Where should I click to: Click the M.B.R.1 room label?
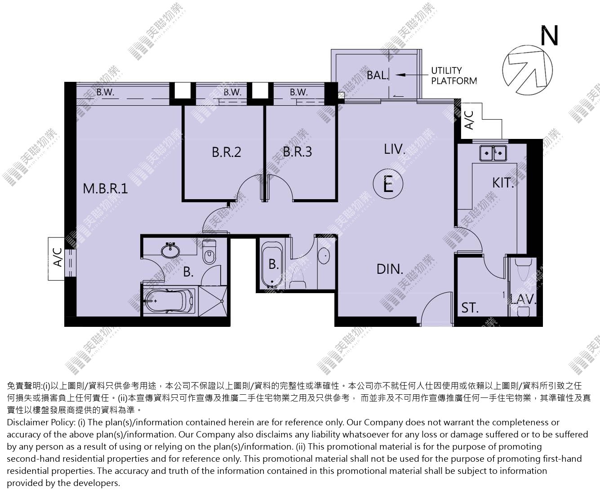click(105, 188)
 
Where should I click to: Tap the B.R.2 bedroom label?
click(227, 152)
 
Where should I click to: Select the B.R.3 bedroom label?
click(298, 152)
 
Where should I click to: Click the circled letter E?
click(388, 184)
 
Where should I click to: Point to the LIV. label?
click(395, 149)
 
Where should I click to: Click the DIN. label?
click(390, 269)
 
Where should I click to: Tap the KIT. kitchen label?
click(503, 183)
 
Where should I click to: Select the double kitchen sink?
click(493, 153)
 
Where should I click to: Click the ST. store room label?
click(470, 308)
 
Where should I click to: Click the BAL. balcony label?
click(378, 76)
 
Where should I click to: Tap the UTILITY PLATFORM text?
click(454, 76)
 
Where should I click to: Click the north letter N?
click(550, 36)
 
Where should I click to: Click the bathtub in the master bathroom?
click(169, 301)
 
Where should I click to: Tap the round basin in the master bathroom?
click(170, 250)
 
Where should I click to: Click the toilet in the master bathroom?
click(209, 252)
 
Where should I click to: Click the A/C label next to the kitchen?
click(469, 120)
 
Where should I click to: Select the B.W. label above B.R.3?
click(298, 92)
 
